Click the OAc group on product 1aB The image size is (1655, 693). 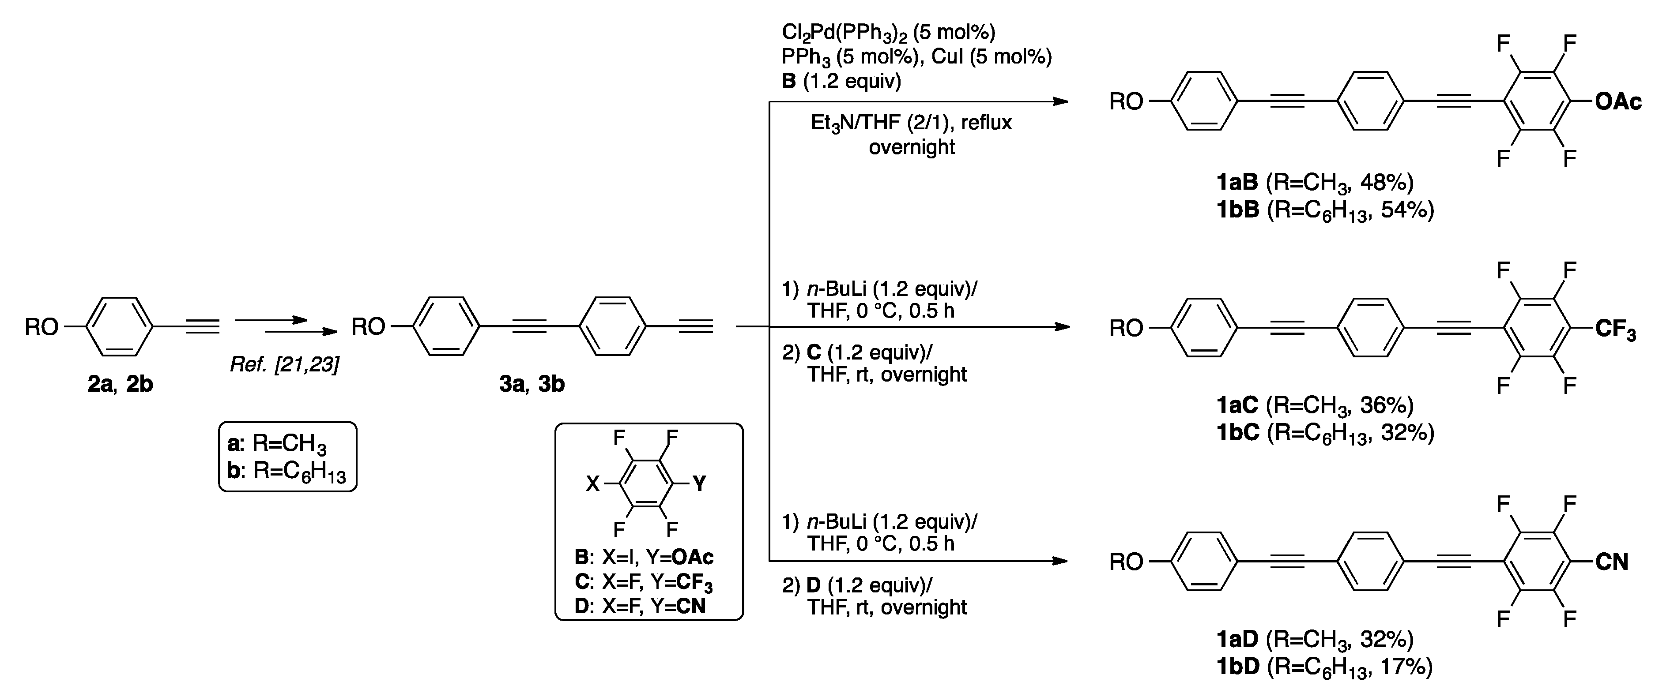[1618, 101]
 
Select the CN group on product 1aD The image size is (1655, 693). [1612, 562]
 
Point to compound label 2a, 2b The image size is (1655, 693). [120, 384]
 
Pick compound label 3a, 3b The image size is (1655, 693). [532, 384]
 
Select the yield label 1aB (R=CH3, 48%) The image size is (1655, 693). [1315, 183]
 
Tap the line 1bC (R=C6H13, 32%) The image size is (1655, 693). [1325, 433]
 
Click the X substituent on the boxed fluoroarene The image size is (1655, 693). [592, 483]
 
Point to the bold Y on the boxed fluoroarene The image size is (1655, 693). [700, 483]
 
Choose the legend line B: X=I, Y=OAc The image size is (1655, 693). [644, 557]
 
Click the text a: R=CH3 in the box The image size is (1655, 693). [277, 443]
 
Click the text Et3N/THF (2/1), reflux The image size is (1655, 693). [911, 122]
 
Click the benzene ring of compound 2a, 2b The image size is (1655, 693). [120, 327]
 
